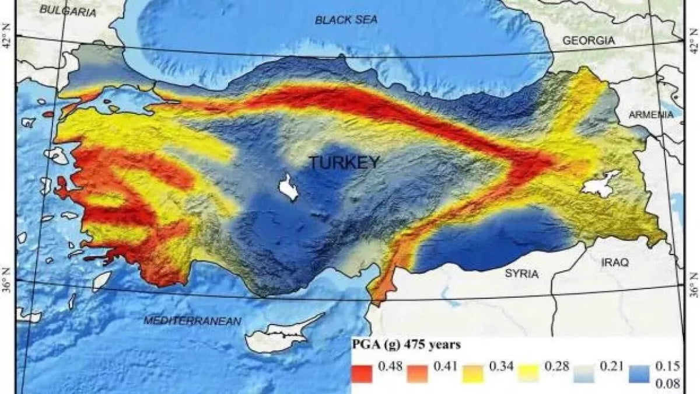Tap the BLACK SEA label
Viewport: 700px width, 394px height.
tap(346, 20)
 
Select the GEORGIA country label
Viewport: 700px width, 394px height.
tap(589, 41)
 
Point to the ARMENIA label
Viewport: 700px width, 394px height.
tap(651, 116)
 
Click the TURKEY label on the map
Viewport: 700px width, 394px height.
tap(344, 163)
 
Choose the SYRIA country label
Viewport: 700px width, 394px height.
tap(521, 274)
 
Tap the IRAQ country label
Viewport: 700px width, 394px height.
tap(615, 263)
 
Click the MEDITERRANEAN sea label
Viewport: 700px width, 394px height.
tap(192, 321)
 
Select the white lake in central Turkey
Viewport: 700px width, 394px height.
tap(288, 187)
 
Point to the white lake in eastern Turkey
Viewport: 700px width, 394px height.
tap(601, 183)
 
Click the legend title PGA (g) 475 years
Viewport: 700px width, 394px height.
tap(406, 345)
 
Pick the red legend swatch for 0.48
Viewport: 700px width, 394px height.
tap(362, 372)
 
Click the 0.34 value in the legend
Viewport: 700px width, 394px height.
tap(501, 366)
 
